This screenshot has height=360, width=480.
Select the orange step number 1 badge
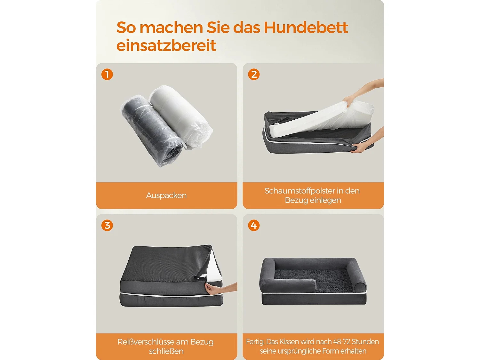(x=107, y=74)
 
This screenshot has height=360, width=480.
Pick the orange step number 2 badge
(x=254, y=74)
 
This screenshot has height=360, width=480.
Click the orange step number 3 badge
(x=107, y=225)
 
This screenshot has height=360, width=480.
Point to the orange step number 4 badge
(x=254, y=225)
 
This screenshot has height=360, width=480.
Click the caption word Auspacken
(x=166, y=196)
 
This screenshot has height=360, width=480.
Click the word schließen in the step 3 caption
(x=166, y=351)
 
